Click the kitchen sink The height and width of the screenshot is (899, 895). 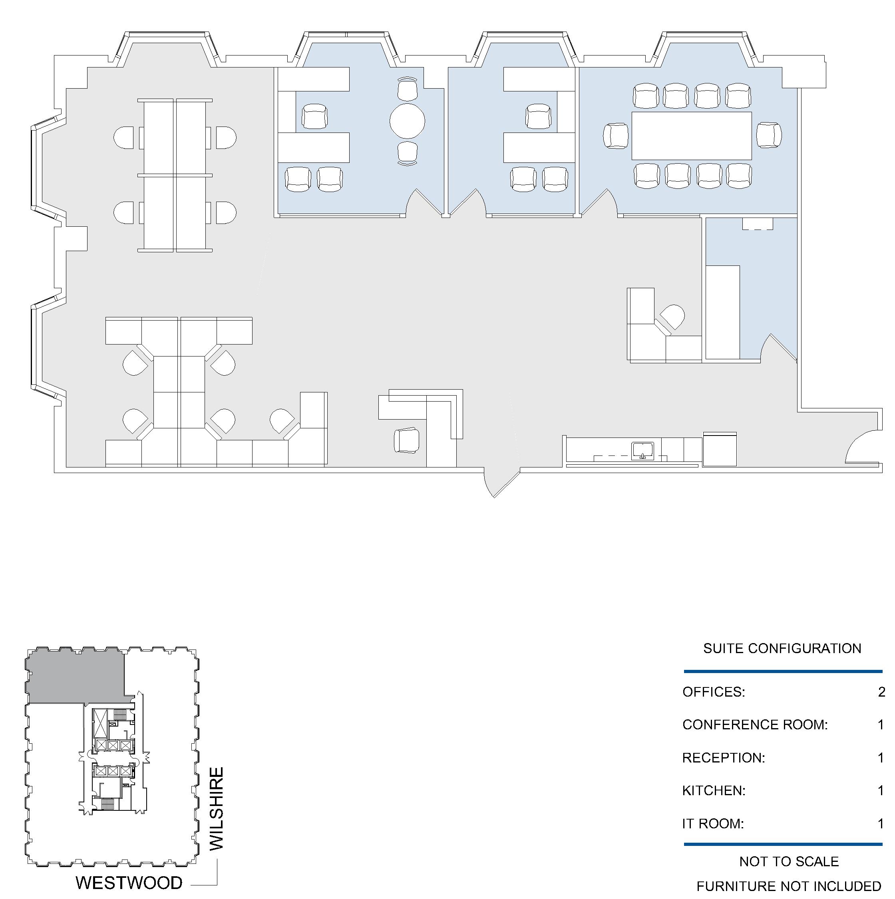[642, 451]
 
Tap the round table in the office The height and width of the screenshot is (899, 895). [408, 121]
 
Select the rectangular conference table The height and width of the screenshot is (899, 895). [692, 136]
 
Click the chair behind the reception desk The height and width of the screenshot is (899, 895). [406, 440]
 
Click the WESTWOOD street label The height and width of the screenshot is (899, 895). [129, 882]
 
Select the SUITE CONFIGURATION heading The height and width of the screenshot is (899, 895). [782, 648]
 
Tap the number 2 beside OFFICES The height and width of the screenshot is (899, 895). [881, 692]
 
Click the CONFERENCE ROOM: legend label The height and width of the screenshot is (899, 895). [755, 725]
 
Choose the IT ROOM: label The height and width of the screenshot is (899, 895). [713, 824]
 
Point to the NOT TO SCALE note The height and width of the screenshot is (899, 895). [789, 861]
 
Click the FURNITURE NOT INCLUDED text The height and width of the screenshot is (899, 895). [789, 886]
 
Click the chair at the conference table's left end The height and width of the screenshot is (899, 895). [616, 136]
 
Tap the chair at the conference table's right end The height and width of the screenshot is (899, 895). [769, 135]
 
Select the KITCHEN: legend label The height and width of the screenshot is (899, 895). [714, 790]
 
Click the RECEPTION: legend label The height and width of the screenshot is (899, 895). [724, 758]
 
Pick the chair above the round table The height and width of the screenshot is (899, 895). [408, 88]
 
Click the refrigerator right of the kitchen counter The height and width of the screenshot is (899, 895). [720, 449]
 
